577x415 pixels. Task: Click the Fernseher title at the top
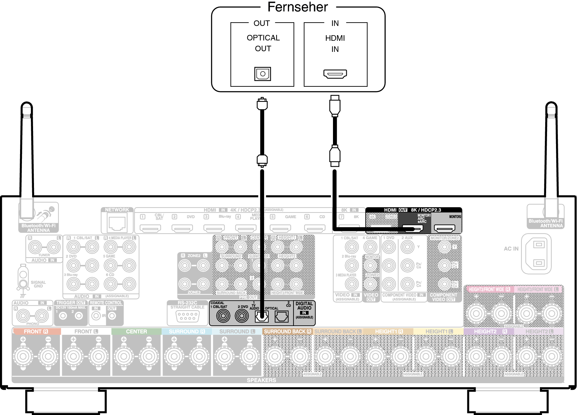[298, 7]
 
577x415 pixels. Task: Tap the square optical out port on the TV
[263, 74]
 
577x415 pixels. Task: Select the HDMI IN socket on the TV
[335, 74]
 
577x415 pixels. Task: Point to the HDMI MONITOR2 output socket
[444, 228]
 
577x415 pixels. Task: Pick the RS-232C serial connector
[187, 316]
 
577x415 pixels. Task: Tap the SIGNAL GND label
[38, 284]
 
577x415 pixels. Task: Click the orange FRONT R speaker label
[36, 331]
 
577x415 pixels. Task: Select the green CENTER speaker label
[136, 331]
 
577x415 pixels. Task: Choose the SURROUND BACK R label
[287, 331]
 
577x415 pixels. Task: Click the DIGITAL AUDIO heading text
[304, 306]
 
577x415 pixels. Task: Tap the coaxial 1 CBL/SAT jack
[223, 316]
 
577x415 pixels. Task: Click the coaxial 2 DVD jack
[242, 316]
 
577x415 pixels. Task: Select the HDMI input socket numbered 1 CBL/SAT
[150, 228]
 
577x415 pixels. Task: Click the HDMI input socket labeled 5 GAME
[280, 228]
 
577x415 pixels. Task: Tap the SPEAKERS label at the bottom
[261, 380]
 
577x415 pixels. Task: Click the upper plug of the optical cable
[262, 104]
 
